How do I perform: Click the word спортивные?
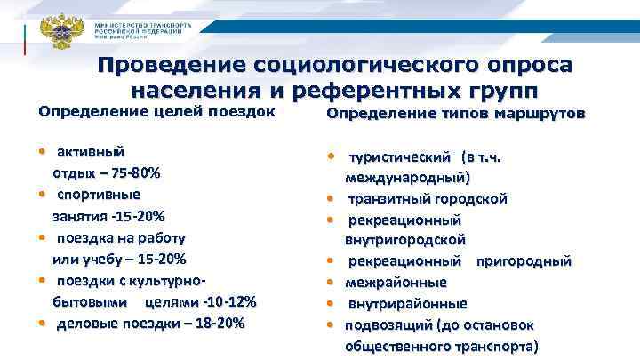[99, 193]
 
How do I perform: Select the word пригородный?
[524, 261]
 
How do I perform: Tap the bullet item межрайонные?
[396, 283]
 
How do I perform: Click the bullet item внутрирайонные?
[402, 303]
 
